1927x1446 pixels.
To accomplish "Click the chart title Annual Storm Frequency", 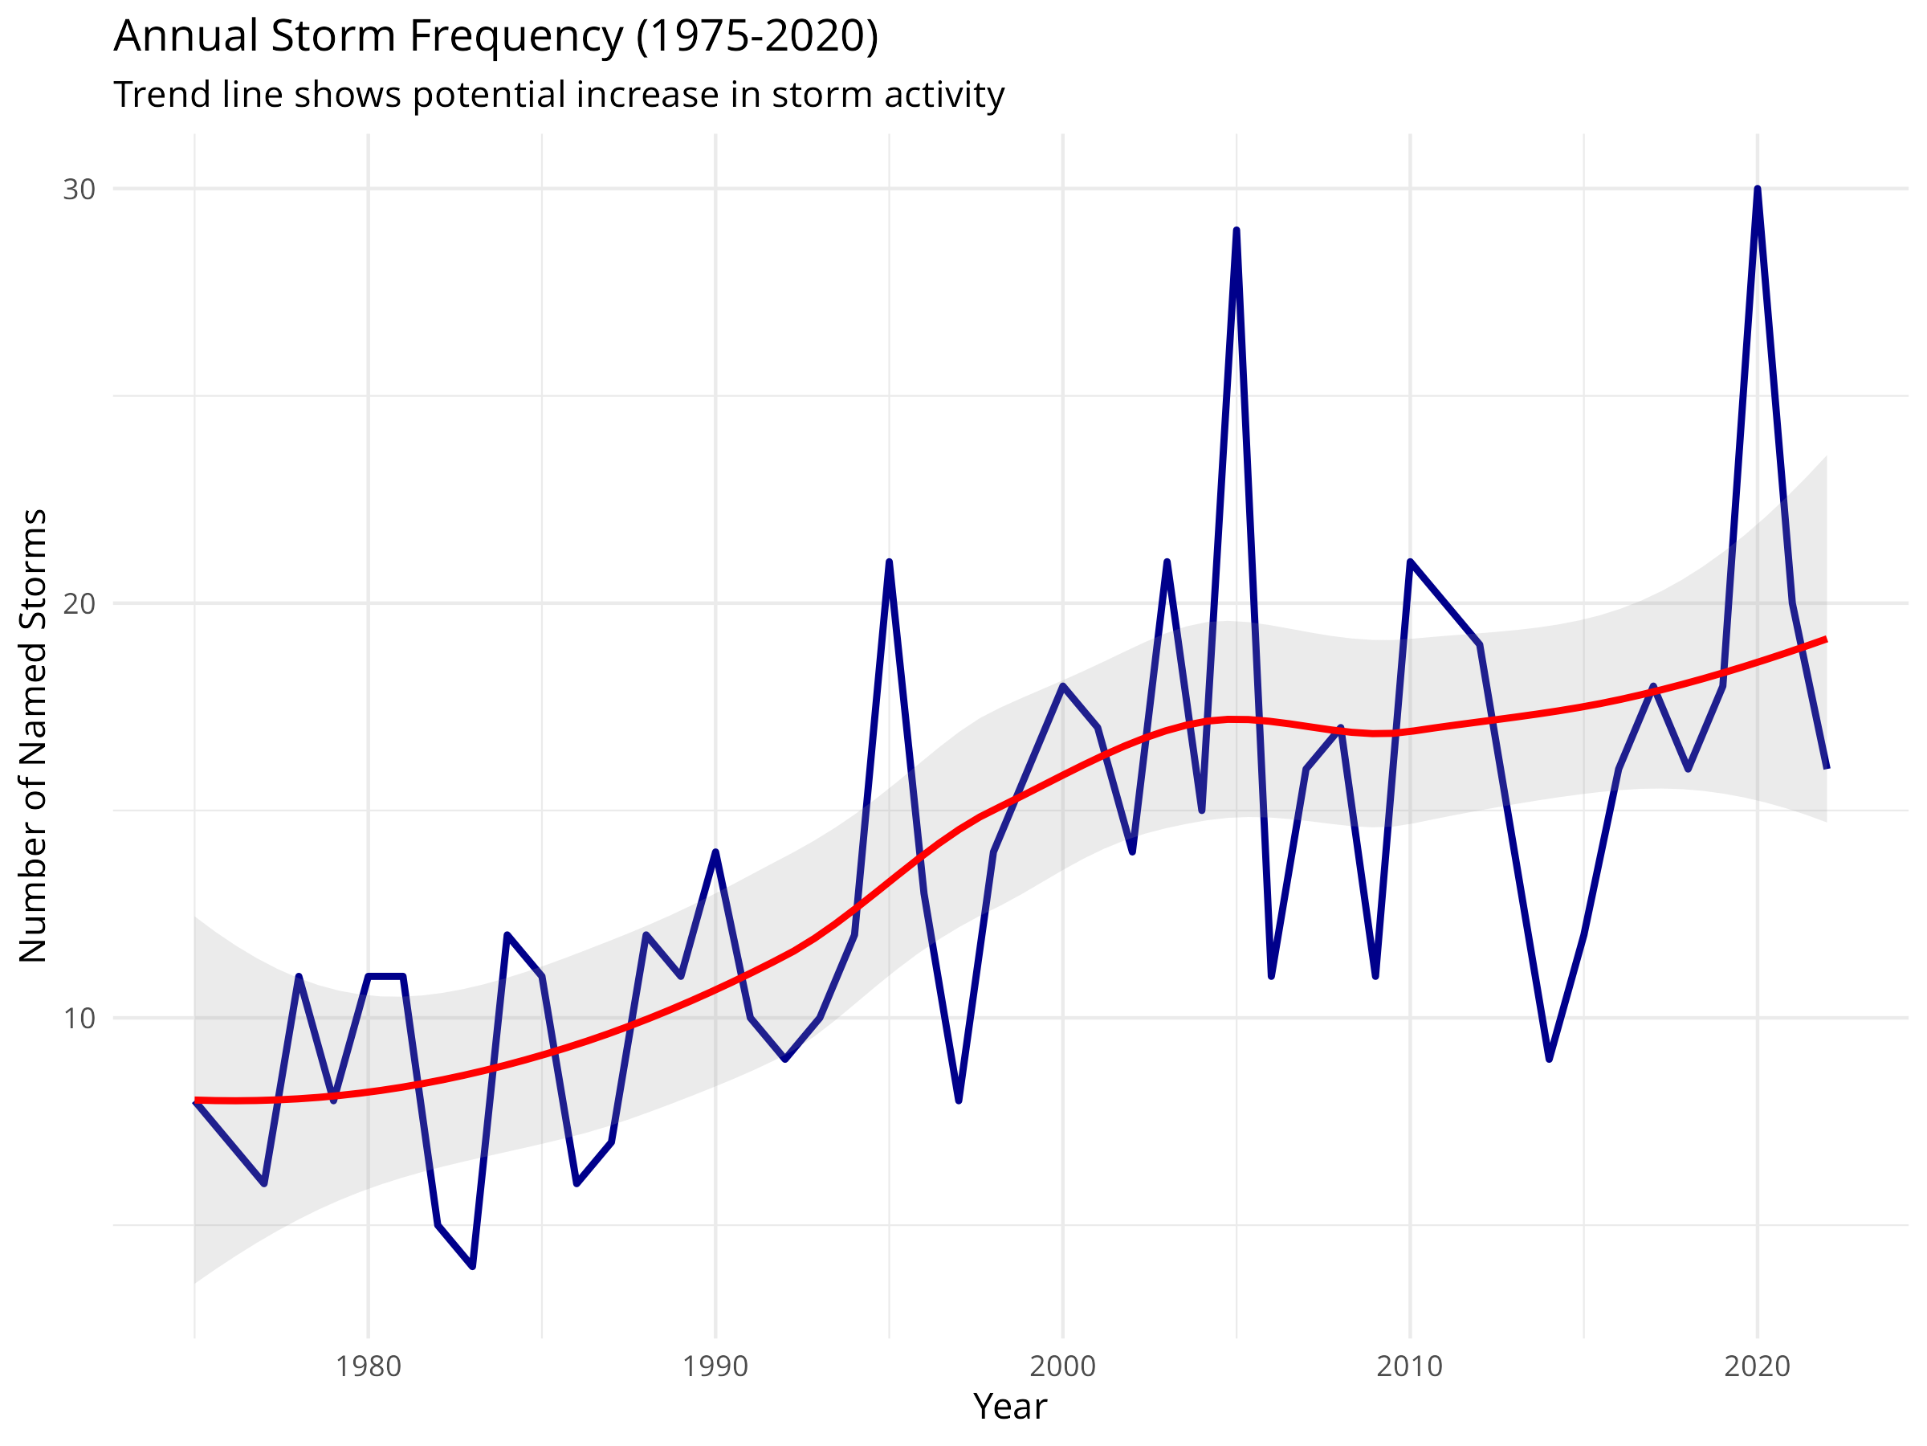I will tap(495, 37).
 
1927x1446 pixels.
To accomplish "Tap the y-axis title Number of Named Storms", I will tap(33, 737).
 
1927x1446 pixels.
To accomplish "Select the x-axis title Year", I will tap(1010, 1407).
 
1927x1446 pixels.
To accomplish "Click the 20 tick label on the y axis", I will tap(79, 603).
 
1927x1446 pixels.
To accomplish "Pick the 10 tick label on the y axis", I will tap(79, 1018).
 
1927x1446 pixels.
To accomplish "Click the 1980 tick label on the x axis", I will tap(369, 1366).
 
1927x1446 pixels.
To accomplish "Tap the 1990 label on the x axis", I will tap(715, 1366).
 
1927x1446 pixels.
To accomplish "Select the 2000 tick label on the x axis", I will tap(1063, 1366).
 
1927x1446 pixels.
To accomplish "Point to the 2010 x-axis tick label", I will tap(1410, 1366).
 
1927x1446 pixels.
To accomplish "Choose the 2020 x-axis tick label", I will tap(1757, 1366).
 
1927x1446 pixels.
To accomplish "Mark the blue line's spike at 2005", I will tap(1236, 231).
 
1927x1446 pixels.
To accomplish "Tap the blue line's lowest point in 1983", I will tap(472, 1265).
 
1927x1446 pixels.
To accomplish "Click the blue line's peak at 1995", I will tap(889, 562).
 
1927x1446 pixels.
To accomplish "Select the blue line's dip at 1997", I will tap(958, 1100).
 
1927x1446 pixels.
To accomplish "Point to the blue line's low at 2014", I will tap(1549, 1058).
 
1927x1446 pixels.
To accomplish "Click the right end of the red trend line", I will tap(1825, 639).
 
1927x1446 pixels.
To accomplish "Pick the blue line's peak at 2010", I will tap(1410, 562).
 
